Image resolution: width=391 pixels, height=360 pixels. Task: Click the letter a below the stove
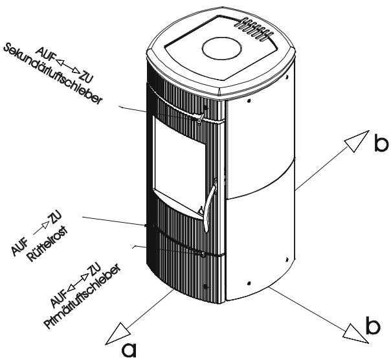[x=129, y=350]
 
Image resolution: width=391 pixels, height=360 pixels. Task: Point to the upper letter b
[x=381, y=143]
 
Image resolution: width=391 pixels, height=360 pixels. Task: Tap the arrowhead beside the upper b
[x=357, y=141]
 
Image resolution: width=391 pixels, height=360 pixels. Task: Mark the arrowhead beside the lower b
[x=357, y=334]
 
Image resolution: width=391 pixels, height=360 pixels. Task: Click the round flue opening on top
[x=222, y=48]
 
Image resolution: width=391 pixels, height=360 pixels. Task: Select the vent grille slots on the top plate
[x=253, y=29]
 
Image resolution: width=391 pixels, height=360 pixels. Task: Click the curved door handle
[x=210, y=205]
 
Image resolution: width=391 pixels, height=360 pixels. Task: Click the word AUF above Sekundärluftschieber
[x=45, y=52]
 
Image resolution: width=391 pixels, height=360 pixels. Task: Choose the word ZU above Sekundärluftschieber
[x=86, y=77]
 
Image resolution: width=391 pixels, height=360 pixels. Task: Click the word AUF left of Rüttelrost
[x=19, y=247]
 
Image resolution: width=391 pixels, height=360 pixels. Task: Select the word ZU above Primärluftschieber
[x=94, y=269]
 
